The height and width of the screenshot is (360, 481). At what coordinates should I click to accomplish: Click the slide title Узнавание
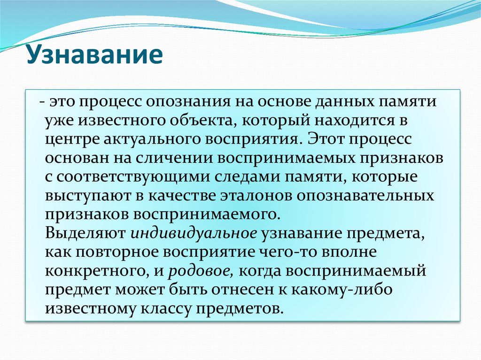(x=94, y=55)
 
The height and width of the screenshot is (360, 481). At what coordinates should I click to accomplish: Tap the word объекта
(x=202, y=121)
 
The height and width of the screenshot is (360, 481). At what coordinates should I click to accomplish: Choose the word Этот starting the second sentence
(x=327, y=140)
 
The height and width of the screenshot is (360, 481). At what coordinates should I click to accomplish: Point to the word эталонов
(x=250, y=195)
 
